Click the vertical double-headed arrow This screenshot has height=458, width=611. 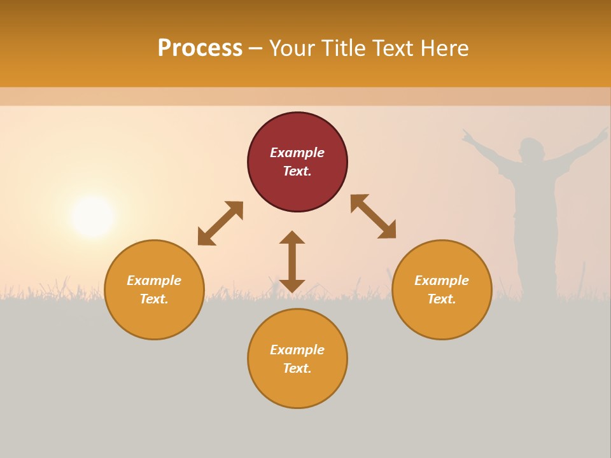point(292,261)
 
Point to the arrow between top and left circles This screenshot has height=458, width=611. point(220,223)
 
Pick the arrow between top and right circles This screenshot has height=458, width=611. point(373,216)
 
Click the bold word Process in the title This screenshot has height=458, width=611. point(200,48)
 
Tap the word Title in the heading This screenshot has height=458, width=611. point(343,48)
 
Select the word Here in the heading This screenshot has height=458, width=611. point(445,48)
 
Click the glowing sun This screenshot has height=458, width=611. point(93,217)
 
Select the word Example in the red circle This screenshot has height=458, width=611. point(297,153)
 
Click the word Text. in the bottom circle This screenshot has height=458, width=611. point(297,368)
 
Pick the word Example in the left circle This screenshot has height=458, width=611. point(154,281)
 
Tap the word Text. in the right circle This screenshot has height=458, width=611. point(442,299)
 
